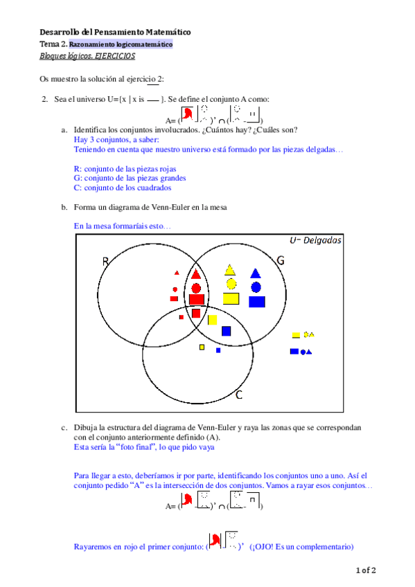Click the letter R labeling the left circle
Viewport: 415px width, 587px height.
(106, 261)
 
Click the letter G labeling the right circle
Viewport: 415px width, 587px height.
(281, 260)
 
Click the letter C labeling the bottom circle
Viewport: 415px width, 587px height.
(238, 395)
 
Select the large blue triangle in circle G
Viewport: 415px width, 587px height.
(256, 273)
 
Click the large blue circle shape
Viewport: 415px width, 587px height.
(256, 287)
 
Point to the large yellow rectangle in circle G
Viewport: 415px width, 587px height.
(231, 299)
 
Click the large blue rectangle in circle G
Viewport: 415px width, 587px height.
(257, 301)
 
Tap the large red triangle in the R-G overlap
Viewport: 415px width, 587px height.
(196, 273)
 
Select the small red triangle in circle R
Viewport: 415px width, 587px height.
(177, 273)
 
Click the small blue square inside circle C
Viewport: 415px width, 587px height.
(218, 350)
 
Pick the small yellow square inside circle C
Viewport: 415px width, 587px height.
(202, 347)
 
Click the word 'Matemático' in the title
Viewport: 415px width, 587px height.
(166, 32)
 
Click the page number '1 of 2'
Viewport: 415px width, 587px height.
(365, 570)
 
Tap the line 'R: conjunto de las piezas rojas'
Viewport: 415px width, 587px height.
(125, 168)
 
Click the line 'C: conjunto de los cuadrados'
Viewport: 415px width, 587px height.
(123, 187)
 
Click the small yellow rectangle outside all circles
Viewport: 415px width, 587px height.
(296, 335)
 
